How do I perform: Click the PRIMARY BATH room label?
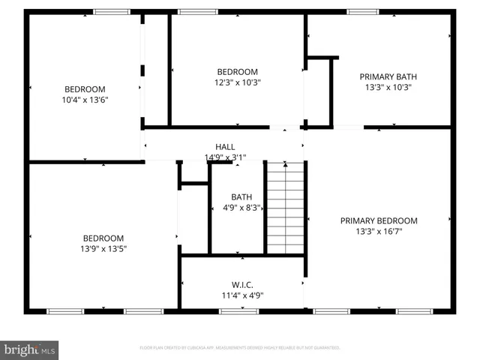pyautogui.click(x=388, y=76)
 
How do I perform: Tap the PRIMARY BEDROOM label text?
pyautogui.click(x=379, y=220)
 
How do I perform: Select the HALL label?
pyautogui.click(x=225, y=147)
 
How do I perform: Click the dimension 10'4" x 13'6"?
pyautogui.click(x=85, y=100)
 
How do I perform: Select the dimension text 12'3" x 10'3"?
pyautogui.click(x=237, y=82)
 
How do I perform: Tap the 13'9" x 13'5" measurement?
pyautogui.click(x=104, y=248)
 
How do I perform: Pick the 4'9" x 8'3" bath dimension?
pyautogui.click(x=241, y=208)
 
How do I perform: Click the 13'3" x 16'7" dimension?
pyautogui.click(x=379, y=232)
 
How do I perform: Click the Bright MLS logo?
pyautogui.click(x=30, y=349)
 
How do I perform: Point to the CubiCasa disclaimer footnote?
pyautogui.click(x=240, y=348)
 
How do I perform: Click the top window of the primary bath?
pyautogui.click(x=362, y=12)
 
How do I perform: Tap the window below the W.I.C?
pyautogui.click(x=240, y=310)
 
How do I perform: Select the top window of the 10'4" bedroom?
pyautogui.click(x=111, y=12)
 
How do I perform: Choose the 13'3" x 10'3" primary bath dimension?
pyautogui.click(x=388, y=87)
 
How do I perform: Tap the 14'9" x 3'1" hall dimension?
pyautogui.click(x=225, y=157)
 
